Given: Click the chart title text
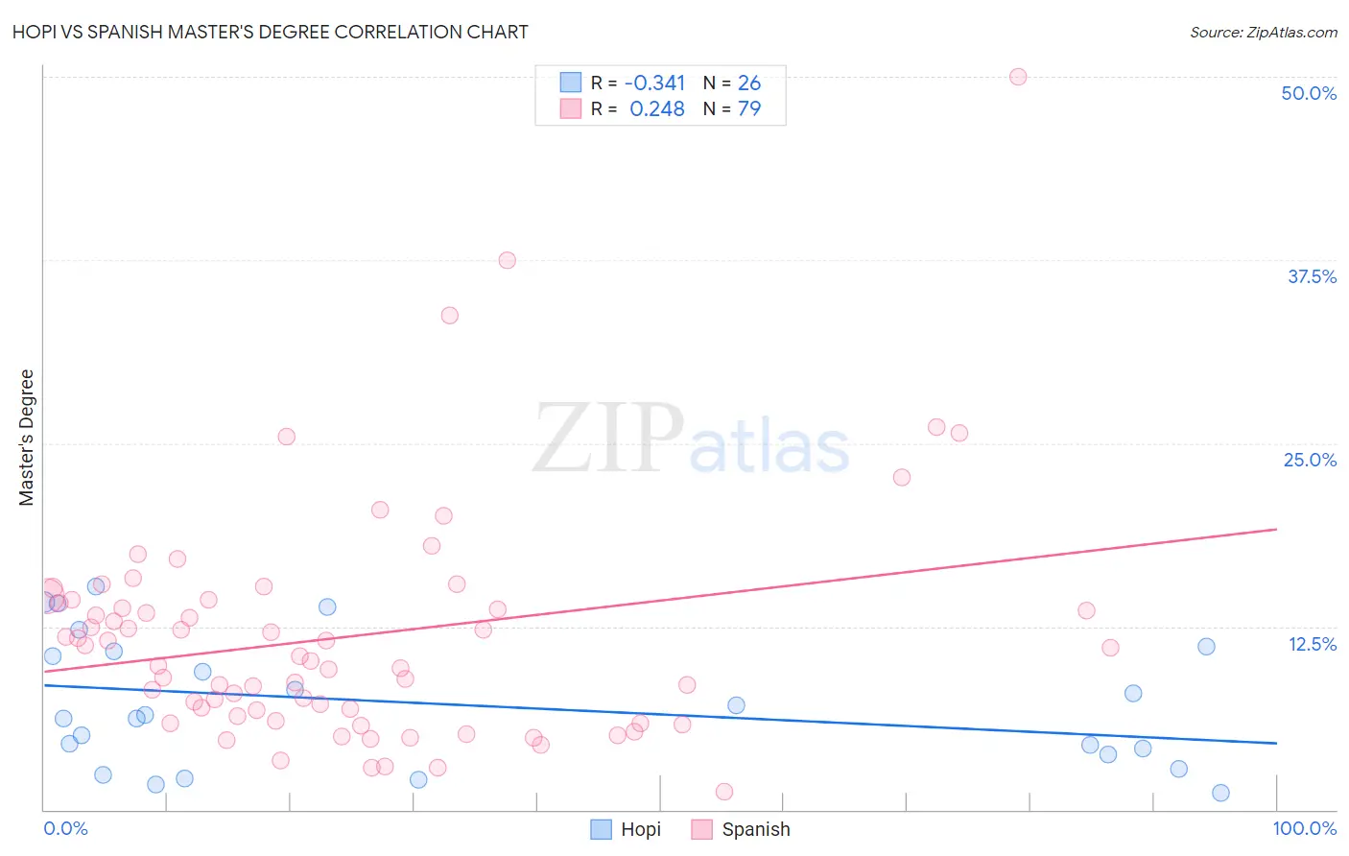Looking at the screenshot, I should [270, 32].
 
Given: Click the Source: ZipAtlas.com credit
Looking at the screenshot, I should [1263, 33].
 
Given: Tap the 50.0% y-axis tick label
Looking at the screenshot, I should [1309, 93].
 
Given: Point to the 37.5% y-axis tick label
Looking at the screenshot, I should [1312, 276].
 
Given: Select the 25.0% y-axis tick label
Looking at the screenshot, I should [1310, 460].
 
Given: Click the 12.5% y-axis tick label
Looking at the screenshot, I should [1312, 644].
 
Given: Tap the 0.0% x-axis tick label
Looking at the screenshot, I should [65, 828].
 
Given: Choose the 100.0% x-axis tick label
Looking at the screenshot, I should [1304, 828].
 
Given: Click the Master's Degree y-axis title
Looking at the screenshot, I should [27, 438].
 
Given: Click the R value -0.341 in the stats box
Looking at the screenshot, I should [655, 83].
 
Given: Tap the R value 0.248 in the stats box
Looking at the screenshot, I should [657, 108].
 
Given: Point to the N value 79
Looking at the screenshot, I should [749, 108].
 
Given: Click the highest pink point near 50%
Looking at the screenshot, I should [1018, 77].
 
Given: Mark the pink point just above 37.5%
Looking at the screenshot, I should [507, 260].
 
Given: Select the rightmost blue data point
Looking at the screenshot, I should [1220, 793].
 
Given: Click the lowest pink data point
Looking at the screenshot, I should [724, 792].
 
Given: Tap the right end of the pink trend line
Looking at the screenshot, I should [1276, 529].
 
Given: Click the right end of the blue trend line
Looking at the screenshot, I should [1276, 743].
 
